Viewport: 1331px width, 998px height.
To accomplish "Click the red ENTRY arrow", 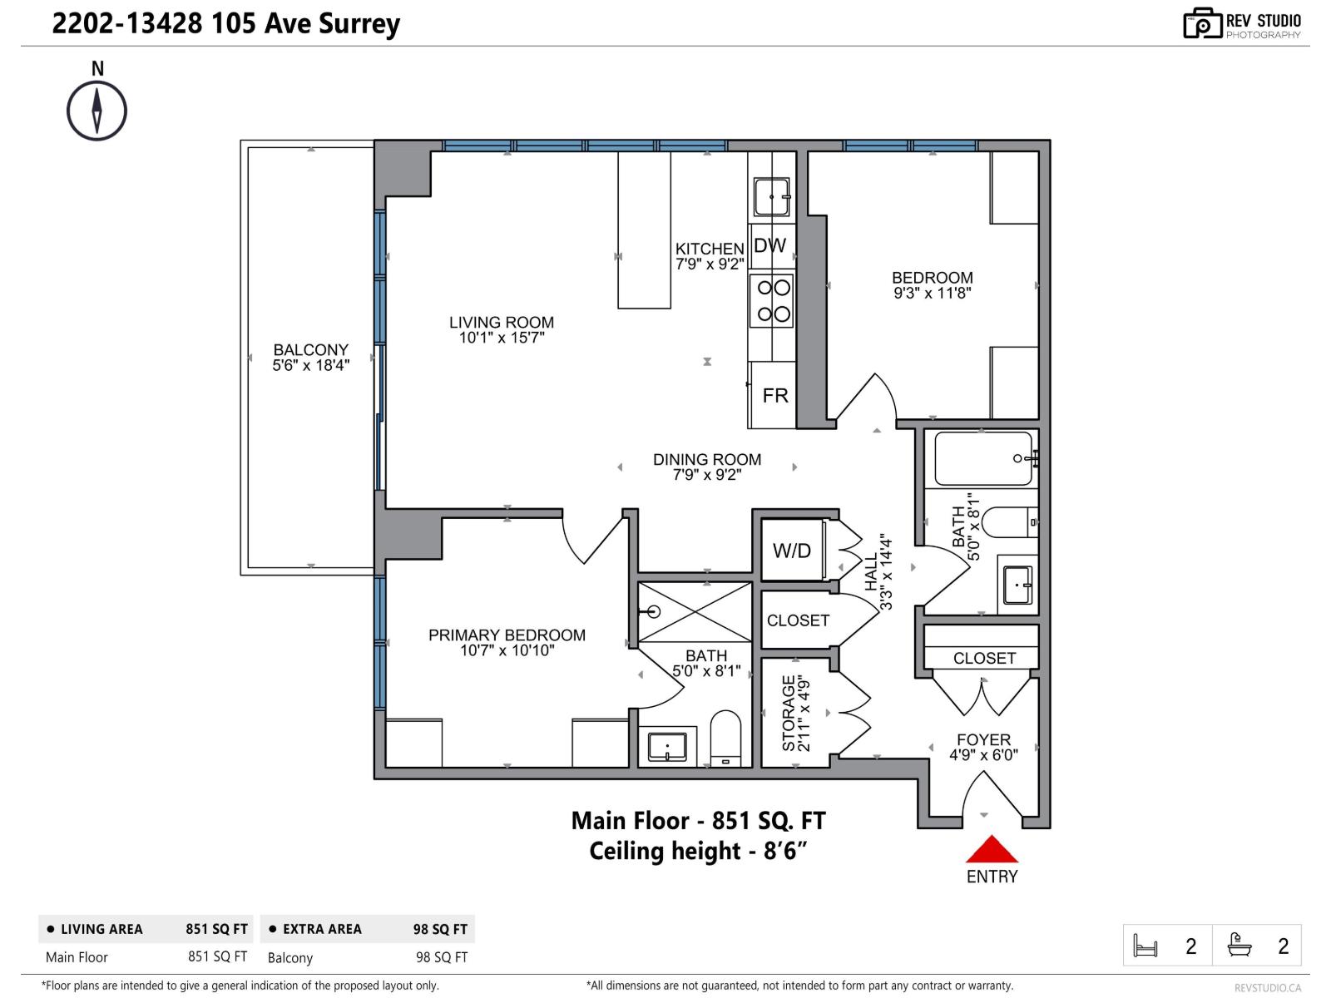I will pos(992,850).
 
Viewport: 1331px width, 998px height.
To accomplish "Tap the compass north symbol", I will pos(96,110).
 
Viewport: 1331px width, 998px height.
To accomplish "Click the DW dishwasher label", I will pos(769,245).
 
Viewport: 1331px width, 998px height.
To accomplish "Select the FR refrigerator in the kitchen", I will pos(774,395).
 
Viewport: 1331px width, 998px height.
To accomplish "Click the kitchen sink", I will pos(772,198).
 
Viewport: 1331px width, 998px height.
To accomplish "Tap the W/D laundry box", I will pos(791,551).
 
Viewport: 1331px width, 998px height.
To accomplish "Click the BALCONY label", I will pos(310,350).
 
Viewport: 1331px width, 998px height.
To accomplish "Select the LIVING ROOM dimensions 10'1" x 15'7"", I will pos(501,338).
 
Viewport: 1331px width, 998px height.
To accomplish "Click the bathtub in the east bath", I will pos(982,458).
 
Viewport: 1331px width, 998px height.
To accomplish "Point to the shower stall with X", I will pos(694,612).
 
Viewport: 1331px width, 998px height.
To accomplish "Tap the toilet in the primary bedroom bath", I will pos(725,737).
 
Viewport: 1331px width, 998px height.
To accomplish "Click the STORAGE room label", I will pos(789,713).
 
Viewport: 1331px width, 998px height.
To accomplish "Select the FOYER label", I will pos(983,739).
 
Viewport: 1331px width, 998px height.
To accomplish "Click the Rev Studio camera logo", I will pos(1203,23).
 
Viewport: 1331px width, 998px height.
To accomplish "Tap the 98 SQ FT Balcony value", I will pos(442,957).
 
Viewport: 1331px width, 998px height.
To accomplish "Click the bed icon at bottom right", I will pos(1145,946).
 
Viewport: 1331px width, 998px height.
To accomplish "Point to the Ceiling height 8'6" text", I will pos(698,851).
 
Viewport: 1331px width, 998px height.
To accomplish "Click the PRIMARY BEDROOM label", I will pos(507,635).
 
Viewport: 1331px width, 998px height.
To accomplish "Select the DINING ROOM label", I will pos(706,459).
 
